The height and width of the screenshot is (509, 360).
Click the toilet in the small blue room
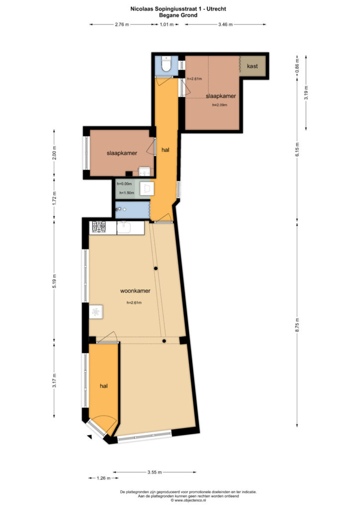(166, 64)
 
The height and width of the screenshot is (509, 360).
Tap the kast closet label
(252, 66)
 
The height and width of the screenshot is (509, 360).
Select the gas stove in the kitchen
(99, 227)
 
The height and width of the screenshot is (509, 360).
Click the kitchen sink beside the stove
(124, 227)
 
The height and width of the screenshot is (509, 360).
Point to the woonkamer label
(135, 291)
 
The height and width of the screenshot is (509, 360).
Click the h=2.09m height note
(220, 105)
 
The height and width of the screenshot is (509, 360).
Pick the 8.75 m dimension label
(297, 325)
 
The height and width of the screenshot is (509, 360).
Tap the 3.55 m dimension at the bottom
(155, 472)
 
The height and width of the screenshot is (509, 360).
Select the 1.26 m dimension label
(103, 478)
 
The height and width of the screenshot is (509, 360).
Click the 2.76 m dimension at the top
(122, 24)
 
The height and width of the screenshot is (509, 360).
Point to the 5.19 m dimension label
(55, 281)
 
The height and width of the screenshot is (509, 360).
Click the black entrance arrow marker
(90, 437)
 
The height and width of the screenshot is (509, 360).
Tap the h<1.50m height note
(127, 193)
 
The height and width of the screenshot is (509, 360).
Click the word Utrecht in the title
(216, 9)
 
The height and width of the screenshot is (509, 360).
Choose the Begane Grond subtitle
(178, 15)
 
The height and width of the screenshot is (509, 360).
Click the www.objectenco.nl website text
(190, 501)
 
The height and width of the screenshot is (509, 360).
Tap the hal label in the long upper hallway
(165, 150)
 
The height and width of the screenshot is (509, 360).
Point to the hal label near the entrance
(103, 386)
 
